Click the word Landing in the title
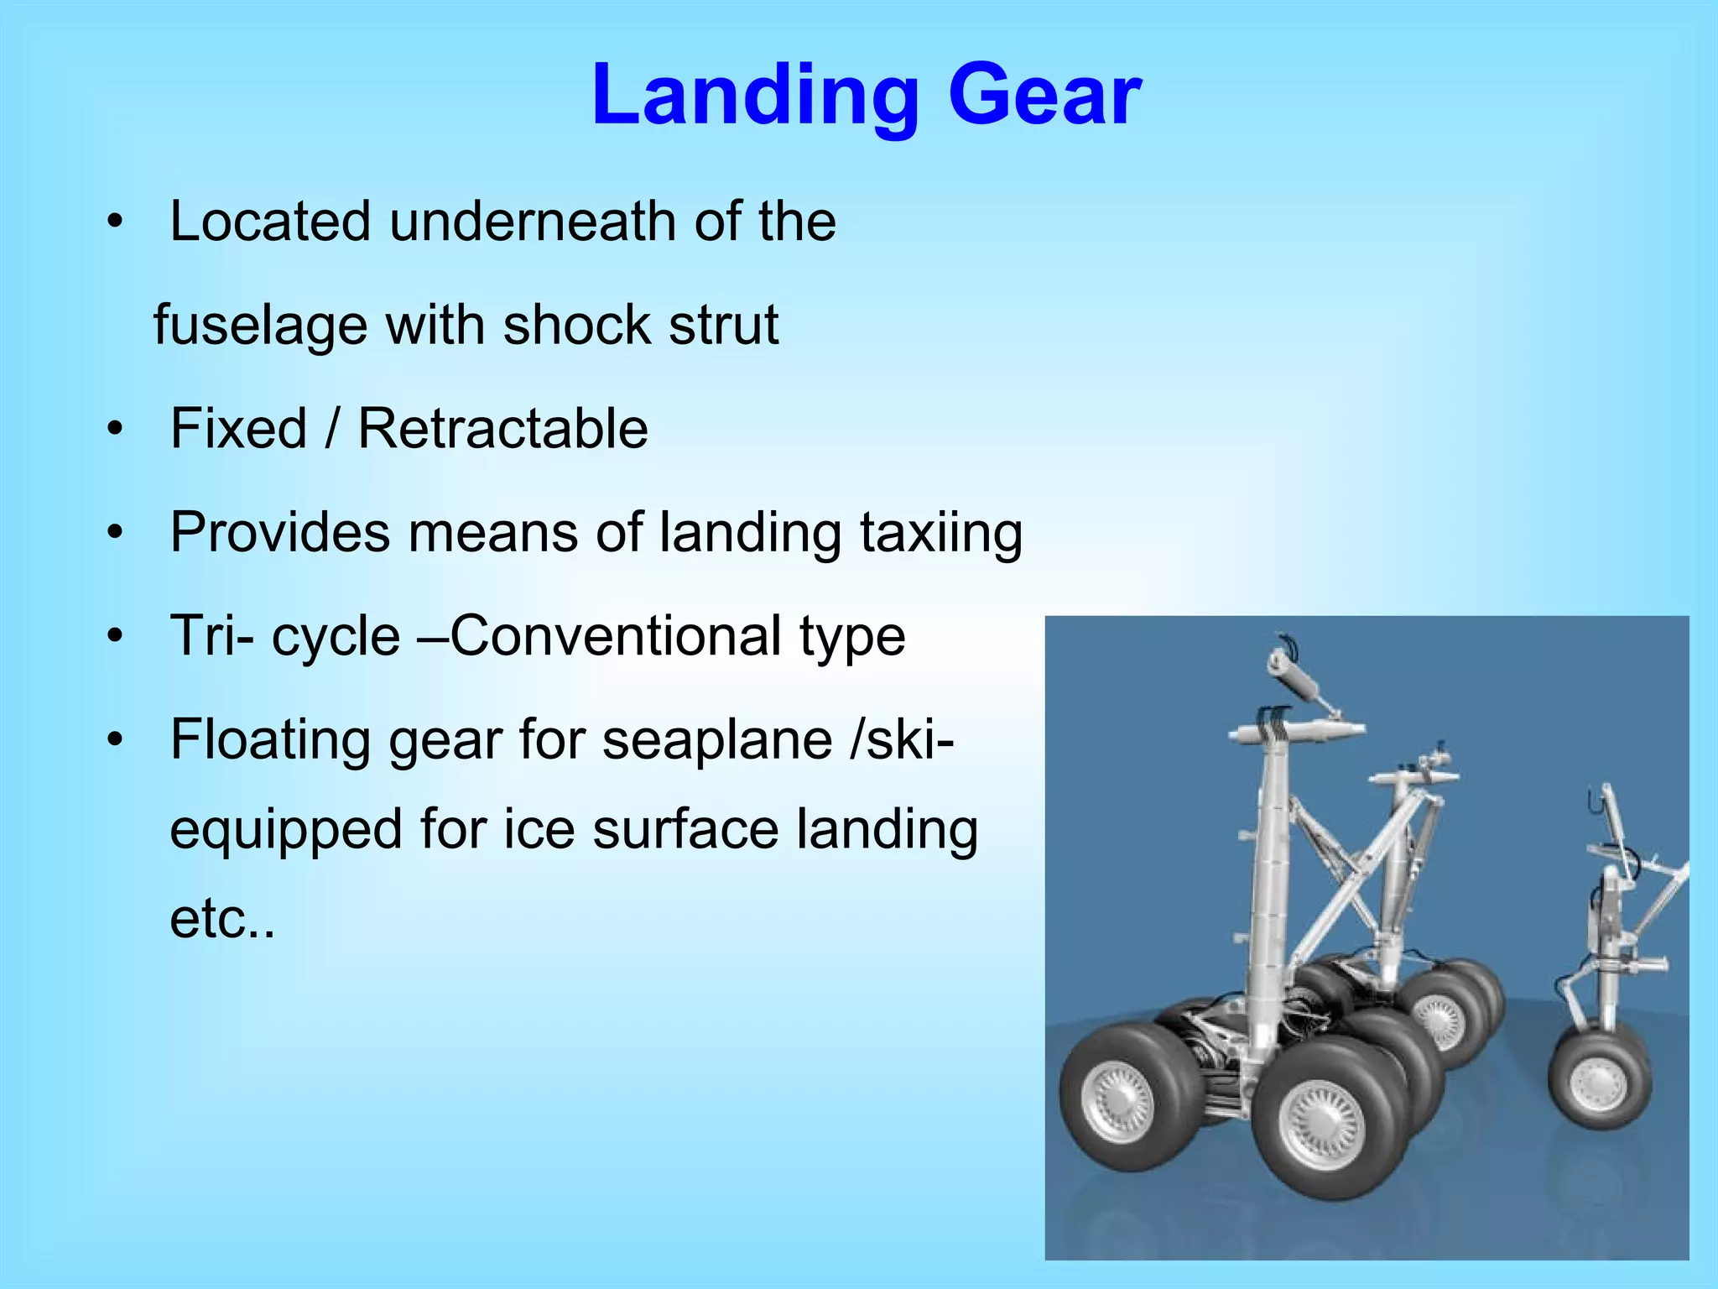click(x=755, y=97)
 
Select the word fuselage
click(x=260, y=326)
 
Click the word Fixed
click(x=238, y=429)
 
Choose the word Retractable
click(x=502, y=429)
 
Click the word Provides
click(x=280, y=532)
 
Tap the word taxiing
click(x=941, y=532)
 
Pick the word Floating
click(x=269, y=739)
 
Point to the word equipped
click(x=285, y=829)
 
